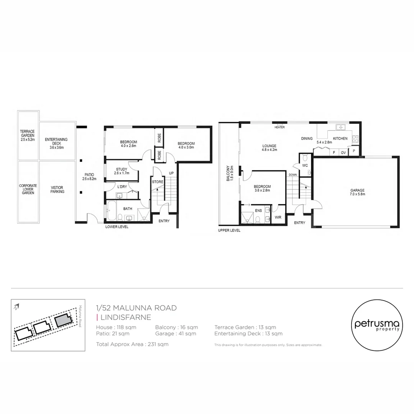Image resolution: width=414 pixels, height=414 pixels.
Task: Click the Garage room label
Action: (357, 192)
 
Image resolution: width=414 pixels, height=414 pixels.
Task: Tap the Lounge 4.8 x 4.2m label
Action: (269, 148)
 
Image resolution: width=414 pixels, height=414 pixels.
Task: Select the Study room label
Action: (122, 171)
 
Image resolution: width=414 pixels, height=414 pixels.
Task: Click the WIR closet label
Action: (278, 217)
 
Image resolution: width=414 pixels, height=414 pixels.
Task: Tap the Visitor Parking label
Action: (57, 189)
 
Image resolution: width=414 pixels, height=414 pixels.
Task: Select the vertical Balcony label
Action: (230, 176)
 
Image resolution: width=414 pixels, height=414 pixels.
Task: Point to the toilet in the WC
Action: (305, 158)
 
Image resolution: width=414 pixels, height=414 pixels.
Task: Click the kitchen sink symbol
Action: (340, 127)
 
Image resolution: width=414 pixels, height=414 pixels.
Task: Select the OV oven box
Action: (343, 152)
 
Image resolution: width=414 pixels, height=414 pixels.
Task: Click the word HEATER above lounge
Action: (279, 127)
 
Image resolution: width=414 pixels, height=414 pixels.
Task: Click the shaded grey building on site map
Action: (63, 320)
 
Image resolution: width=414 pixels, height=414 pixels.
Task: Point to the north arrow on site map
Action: (16, 307)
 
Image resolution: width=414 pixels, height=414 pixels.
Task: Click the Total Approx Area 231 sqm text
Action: (132, 344)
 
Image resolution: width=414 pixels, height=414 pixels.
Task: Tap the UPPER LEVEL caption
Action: (229, 230)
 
